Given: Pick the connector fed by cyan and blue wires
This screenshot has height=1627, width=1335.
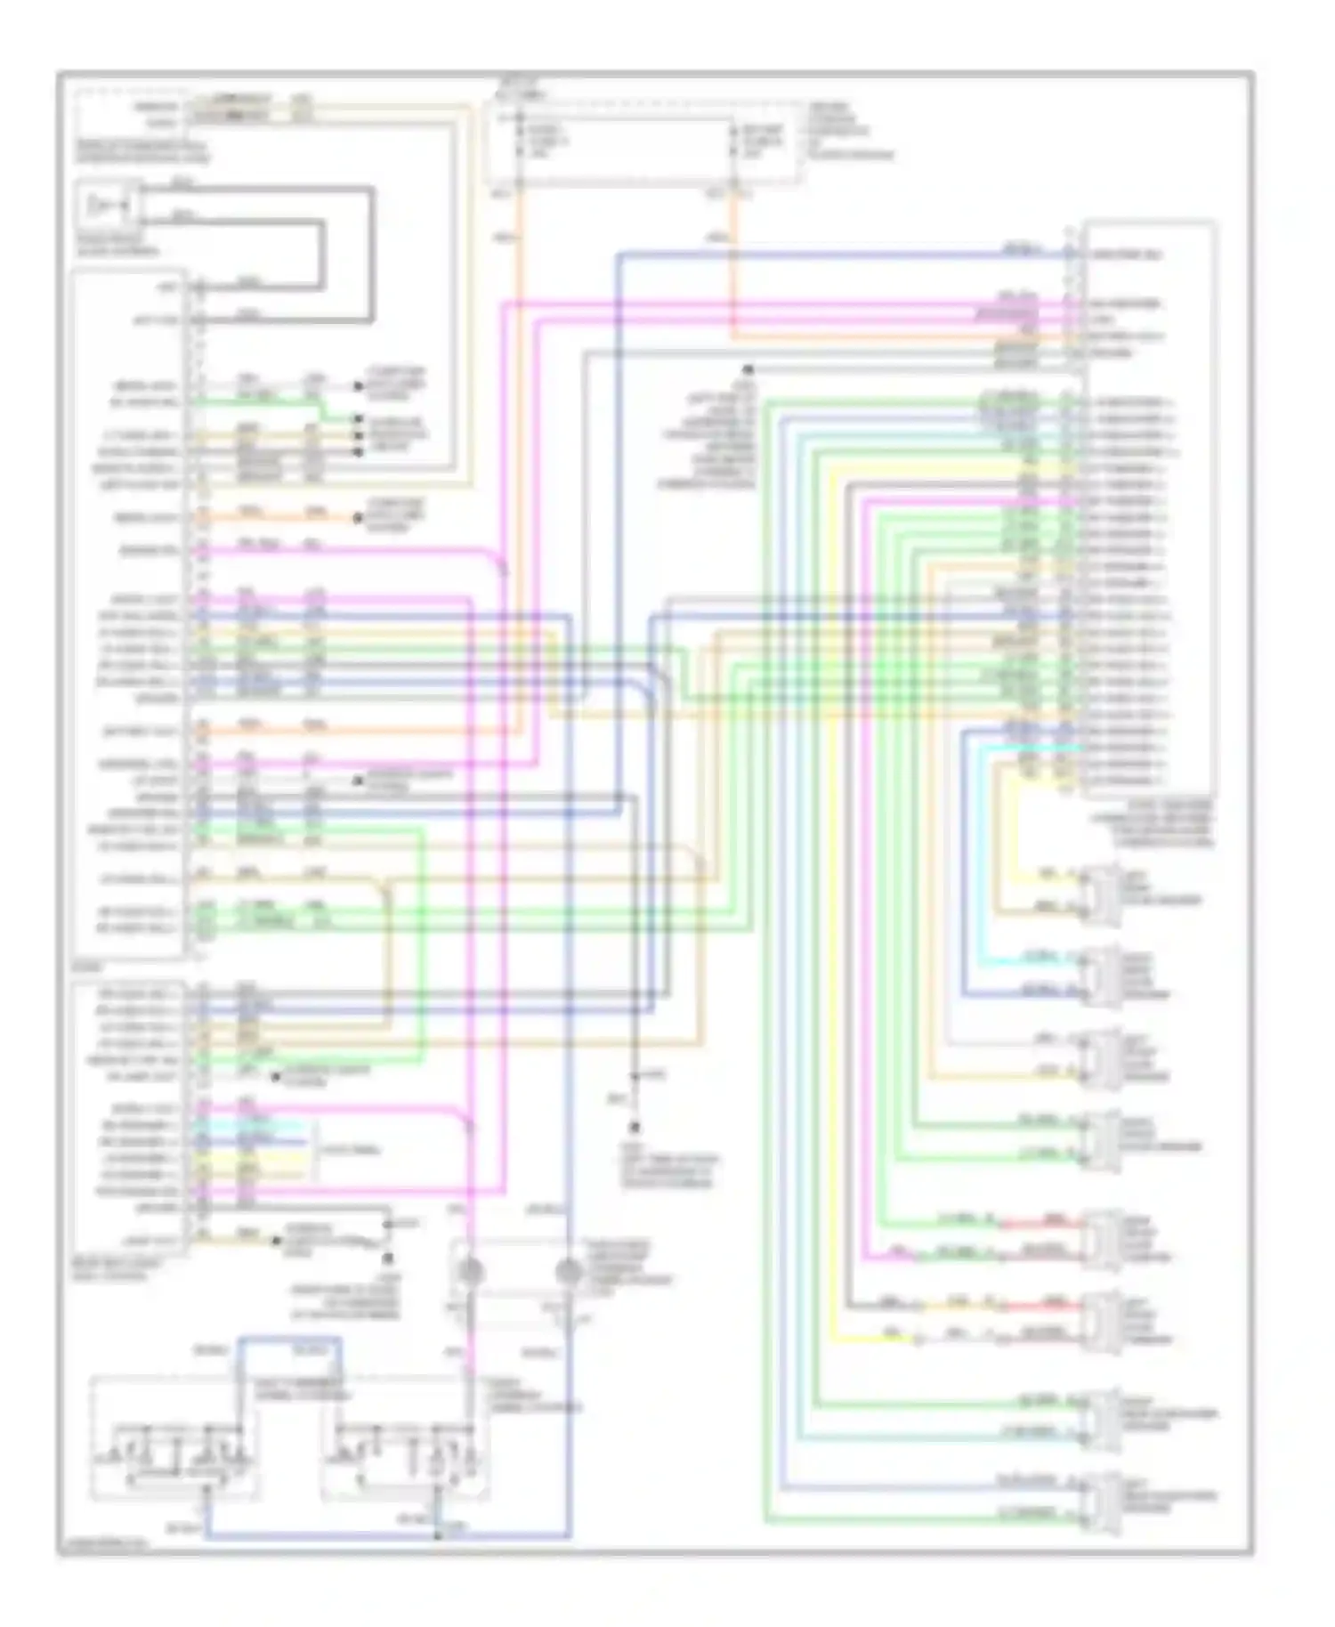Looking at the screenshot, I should [1102, 975].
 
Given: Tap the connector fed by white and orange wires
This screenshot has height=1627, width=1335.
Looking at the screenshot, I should [1102, 1057].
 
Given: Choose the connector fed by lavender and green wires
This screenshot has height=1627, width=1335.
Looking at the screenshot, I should [1102, 1139].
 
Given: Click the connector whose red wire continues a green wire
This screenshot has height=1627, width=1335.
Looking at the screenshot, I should [1102, 1237].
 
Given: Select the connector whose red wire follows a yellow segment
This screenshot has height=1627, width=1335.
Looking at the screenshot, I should [1102, 1320].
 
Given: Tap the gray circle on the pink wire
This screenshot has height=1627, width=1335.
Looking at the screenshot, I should [471, 1272].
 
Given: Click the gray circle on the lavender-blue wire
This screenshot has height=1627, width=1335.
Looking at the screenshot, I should [568, 1272].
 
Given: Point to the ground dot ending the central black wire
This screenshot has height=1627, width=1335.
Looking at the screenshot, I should [635, 1126].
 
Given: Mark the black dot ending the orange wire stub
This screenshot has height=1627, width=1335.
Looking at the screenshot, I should [358, 518].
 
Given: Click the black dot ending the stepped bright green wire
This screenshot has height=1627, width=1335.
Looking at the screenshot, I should [358, 418].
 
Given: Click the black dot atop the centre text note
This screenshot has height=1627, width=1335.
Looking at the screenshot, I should [748, 368].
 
